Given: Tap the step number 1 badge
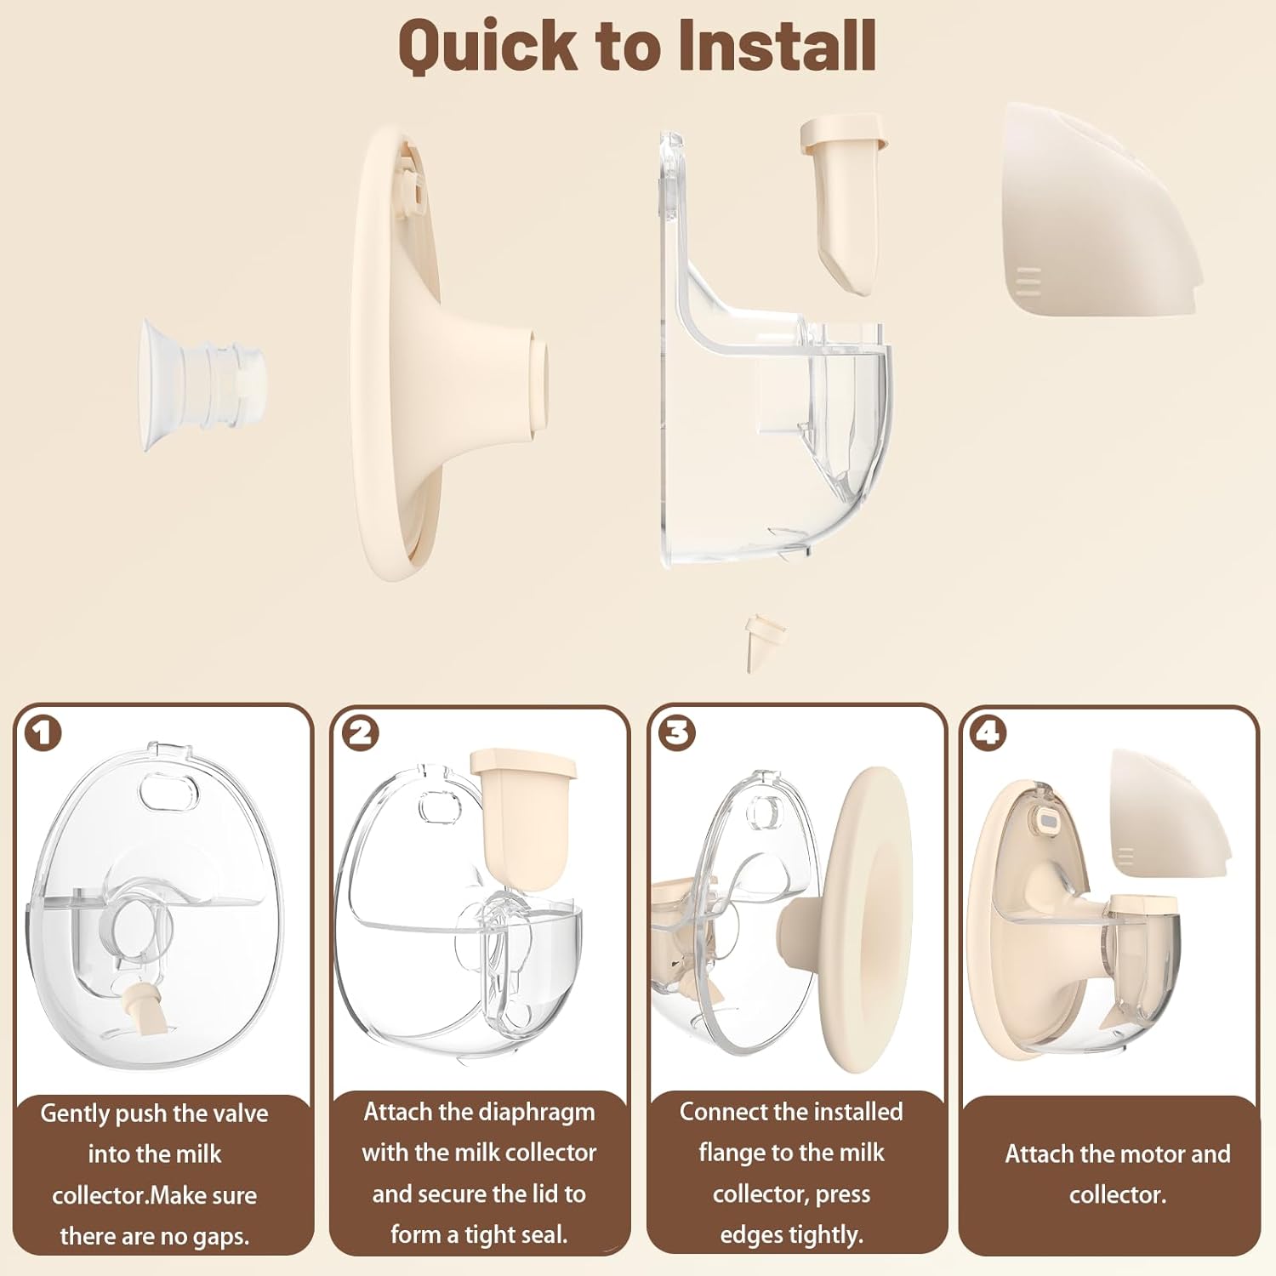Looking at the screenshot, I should (x=43, y=733).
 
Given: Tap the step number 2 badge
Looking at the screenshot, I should (x=361, y=733).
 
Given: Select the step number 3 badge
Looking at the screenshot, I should (x=678, y=733).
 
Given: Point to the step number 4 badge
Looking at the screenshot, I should (x=988, y=733).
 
